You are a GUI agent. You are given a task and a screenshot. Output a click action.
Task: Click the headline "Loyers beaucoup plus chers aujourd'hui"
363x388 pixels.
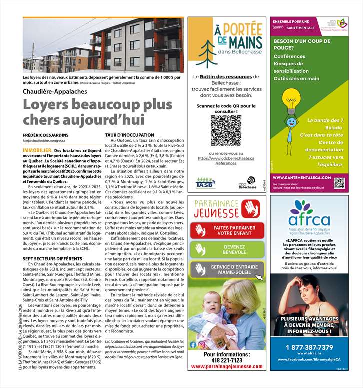(x=83, y=112)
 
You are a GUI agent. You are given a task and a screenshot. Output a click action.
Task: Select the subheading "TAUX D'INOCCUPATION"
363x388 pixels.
(x=130, y=135)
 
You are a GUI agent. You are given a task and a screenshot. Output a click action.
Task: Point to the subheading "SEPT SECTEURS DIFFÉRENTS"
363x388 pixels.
(x=52, y=258)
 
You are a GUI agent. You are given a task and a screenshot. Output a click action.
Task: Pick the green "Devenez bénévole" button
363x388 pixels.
(x=227, y=249)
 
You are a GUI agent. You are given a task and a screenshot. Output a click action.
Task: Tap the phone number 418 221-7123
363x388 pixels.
(x=226, y=360)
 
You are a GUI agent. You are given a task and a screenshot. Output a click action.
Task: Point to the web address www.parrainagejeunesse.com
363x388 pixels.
(x=226, y=367)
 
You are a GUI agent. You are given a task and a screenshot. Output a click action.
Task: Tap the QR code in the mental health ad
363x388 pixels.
(x=339, y=183)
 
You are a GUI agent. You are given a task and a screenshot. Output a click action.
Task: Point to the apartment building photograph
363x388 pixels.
(x=103, y=45)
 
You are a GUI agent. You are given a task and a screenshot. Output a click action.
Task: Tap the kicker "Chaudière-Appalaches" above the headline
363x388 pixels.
(x=55, y=92)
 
